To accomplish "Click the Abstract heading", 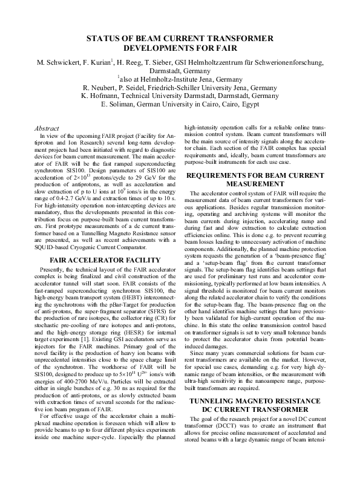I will [x=47, y=129].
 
